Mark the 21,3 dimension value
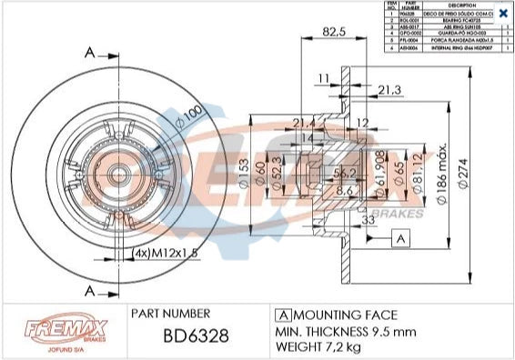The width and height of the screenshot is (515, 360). tap(389, 88)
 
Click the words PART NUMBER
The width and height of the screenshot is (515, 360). tap(172, 312)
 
